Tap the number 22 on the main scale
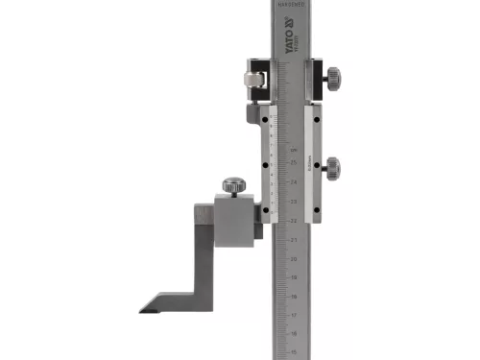tap(293, 220)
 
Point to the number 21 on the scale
tap(293, 239)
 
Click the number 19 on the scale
tap(293, 276)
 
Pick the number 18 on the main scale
tap(293, 295)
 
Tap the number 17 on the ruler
tap(293, 314)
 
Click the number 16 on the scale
tap(293, 332)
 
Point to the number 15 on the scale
tap(293, 351)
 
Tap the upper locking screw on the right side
tap(330, 76)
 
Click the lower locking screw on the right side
tap(331, 167)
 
